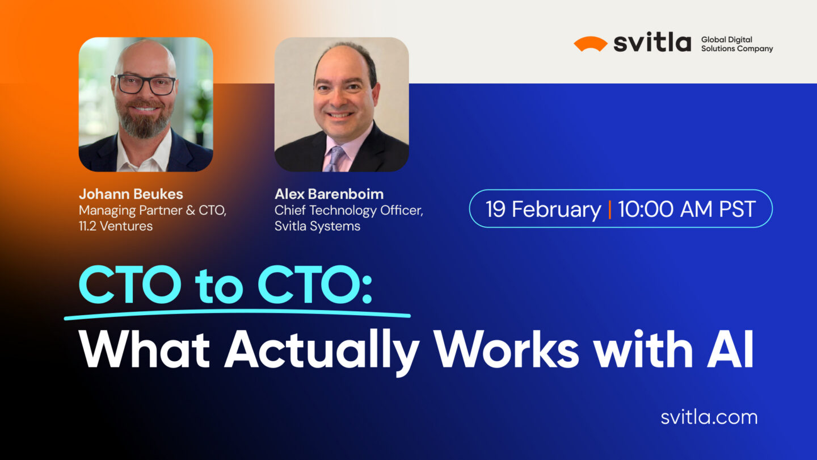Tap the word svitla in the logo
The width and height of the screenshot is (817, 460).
(x=652, y=43)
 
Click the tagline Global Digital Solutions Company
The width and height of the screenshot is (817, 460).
(x=737, y=44)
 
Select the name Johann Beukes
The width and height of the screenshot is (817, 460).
(x=131, y=194)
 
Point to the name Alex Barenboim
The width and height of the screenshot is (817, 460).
(x=329, y=194)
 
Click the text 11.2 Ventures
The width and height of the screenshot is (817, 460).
(x=116, y=227)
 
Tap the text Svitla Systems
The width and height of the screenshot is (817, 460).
(x=317, y=227)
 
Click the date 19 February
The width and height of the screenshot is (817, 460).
(x=543, y=210)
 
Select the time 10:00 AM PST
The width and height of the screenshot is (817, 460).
(x=687, y=209)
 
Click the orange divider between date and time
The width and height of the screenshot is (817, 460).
(x=610, y=209)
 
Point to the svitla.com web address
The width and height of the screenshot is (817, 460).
(x=709, y=417)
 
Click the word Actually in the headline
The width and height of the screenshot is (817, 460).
(x=322, y=350)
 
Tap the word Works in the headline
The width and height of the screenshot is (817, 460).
(x=507, y=349)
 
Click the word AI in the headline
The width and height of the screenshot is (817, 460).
(x=730, y=349)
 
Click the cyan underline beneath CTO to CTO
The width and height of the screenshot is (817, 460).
(x=237, y=314)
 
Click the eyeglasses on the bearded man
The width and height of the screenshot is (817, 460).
(x=145, y=85)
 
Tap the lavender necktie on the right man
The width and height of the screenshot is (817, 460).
(x=335, y=159)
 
